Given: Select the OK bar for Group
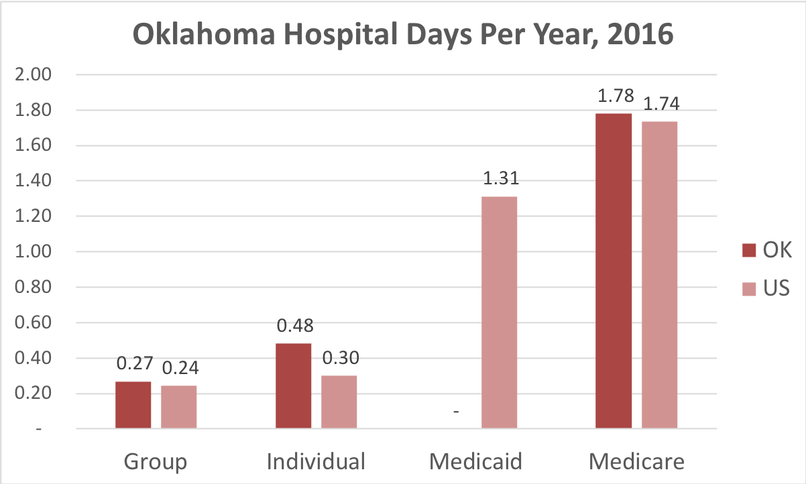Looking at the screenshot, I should pos(133,405).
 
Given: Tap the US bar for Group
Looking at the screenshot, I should pos(178,407).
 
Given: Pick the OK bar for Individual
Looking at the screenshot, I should pos(293,386).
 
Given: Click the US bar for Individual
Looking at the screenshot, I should pos(339,402).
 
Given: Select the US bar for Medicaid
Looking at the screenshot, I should pos(499,312).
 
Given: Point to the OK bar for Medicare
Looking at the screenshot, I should pos(613,271).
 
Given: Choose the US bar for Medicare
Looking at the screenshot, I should pos(659,275).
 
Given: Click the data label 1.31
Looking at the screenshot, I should pos(499,180).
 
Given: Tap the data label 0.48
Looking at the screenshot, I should pos(293,326).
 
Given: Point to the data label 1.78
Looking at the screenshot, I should pos(613,97).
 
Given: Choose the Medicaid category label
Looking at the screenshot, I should pos(475,462).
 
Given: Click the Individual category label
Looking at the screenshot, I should pos(316,462).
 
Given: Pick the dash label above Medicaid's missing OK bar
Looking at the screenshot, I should pos(456,410).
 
